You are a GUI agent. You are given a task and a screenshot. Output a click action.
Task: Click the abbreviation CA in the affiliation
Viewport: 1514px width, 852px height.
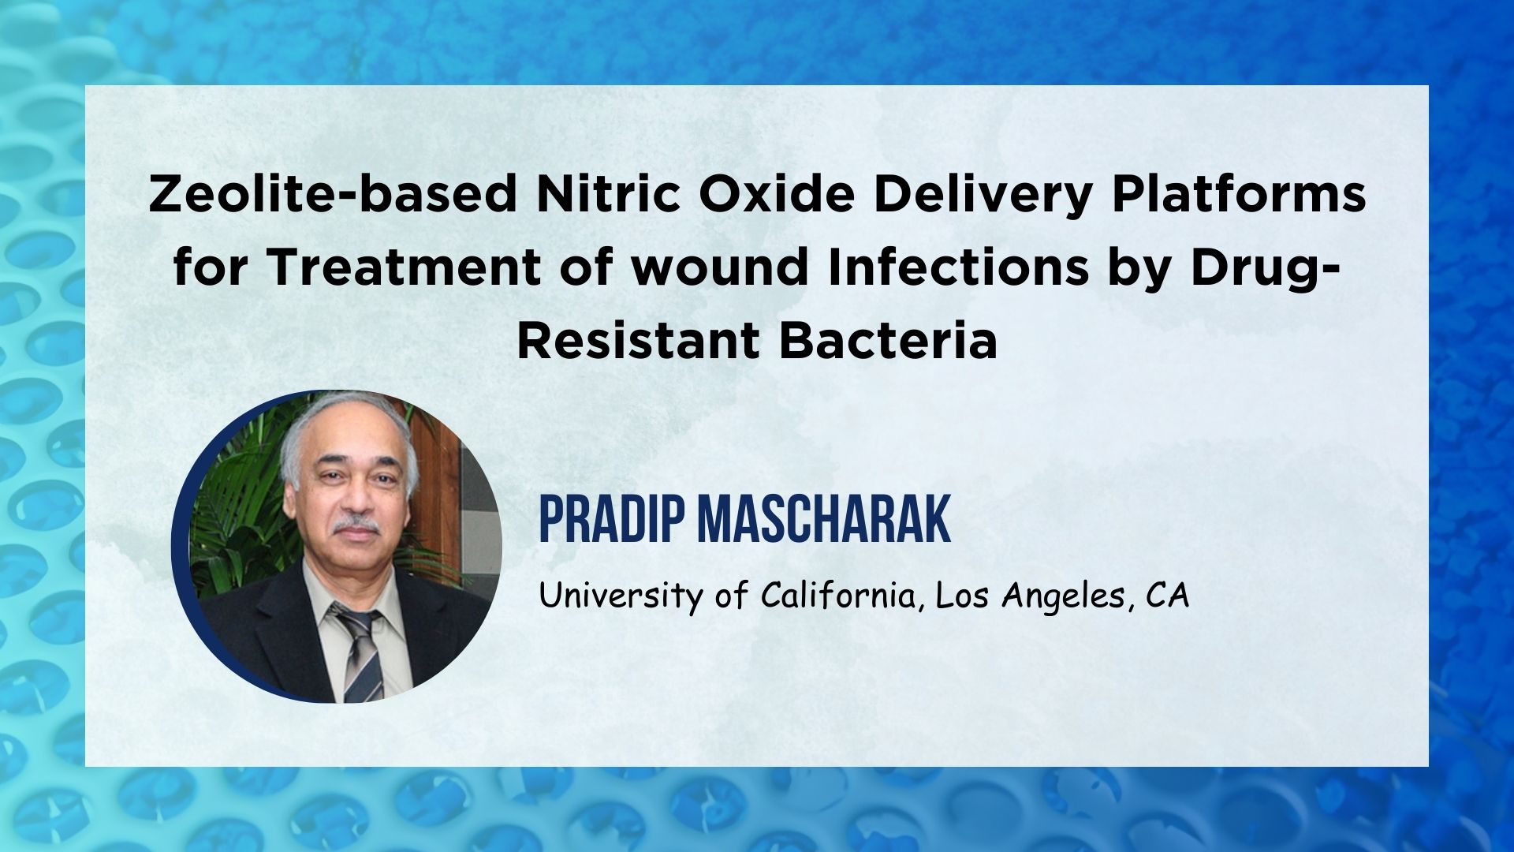(x=1167, y=596)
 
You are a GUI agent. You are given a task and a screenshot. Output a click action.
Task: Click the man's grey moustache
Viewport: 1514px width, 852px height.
(x=356, y=525)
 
